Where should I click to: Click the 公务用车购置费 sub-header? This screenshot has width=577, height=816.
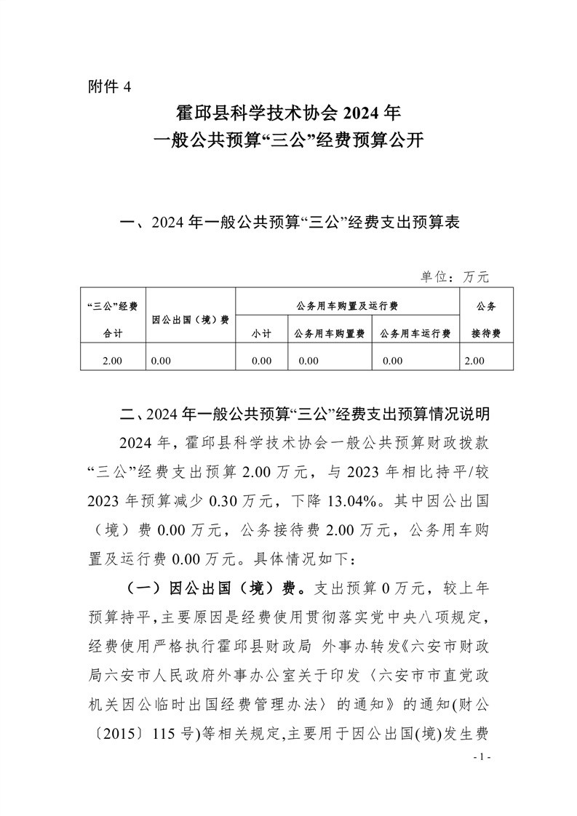pyautogui.click(x=330, y=333)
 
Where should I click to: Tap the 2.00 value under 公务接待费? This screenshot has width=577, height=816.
pyautogui.click(x=474, y=360)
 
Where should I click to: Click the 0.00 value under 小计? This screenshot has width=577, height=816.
pyautogui.click(x=260, y=360)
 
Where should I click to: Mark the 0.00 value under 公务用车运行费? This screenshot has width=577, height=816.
pyautogui.click(x=392, y=360)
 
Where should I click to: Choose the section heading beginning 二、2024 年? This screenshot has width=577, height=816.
pyautogui.click(x=305, y=415)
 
